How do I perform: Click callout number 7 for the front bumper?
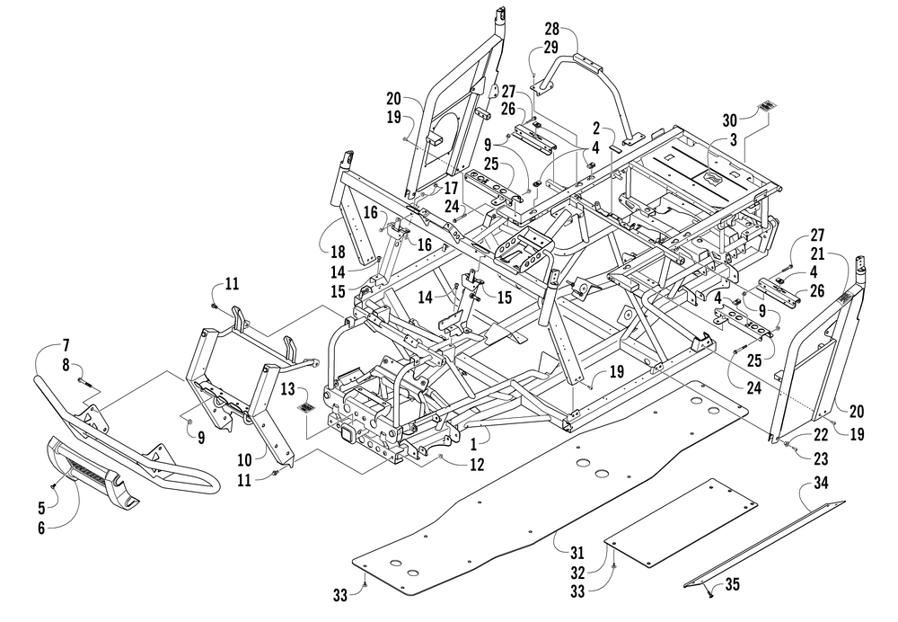[66, 345]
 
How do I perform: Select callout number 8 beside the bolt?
[66, 364]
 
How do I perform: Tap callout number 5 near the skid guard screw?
[41, 509]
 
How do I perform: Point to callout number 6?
[41, 528]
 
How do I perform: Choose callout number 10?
[244, 460]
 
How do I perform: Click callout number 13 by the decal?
[287, 390]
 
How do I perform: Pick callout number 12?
[477, 464]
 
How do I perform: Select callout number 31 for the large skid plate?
[577, 553]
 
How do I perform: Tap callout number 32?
[577, 573]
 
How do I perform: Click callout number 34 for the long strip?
[822, 484]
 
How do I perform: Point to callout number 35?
[732, 584]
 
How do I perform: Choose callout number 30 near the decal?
[729, 120]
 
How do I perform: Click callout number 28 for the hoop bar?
[551, 29]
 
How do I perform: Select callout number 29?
[551, 47]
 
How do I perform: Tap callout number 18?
[338, 251]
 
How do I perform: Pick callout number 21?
[817, 253]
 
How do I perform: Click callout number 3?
[733, 138]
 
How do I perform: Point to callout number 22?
[822, 434]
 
